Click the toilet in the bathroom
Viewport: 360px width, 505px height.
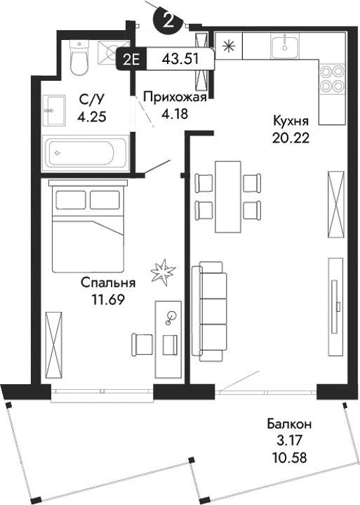click(79, 58)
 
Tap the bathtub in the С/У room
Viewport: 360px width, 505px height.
click(85, 151)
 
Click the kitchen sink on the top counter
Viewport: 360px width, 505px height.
click(286, 47)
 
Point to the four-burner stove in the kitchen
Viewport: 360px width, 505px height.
click(333, 78)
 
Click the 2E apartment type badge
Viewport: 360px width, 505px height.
click(131, 59)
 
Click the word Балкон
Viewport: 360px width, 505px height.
click(289, 424)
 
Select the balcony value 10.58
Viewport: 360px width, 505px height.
click(289, 457)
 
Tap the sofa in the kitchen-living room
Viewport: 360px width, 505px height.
click(212, 311)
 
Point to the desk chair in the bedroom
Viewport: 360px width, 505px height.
click(142, 344)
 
